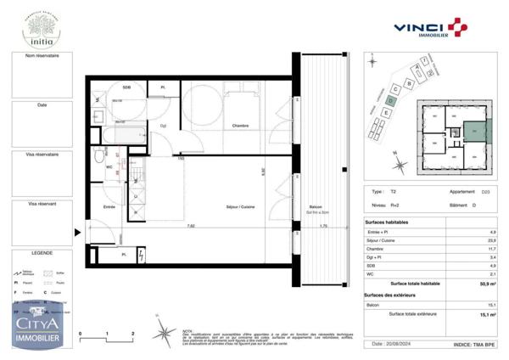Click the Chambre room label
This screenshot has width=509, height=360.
(x=221, y=127)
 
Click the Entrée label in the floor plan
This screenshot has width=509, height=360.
(x=109, y=206)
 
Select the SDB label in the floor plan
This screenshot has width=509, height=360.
(x=126, y=88)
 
